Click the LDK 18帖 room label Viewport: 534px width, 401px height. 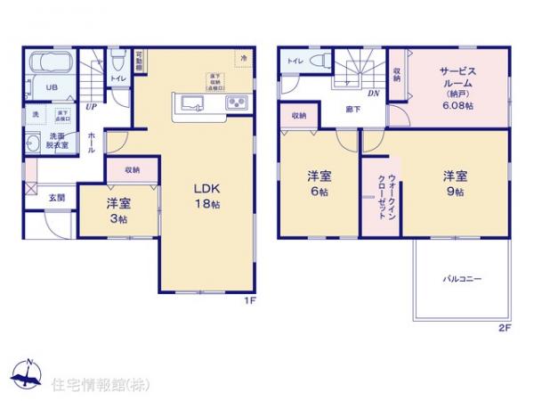click(208, 196)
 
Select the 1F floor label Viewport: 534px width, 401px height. click(251, 300)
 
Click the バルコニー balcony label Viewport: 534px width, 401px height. click(463, 279)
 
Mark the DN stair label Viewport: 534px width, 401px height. click(374, 92)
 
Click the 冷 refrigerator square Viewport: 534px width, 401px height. click(244, 57)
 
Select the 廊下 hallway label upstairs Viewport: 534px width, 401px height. click(353, 110)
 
